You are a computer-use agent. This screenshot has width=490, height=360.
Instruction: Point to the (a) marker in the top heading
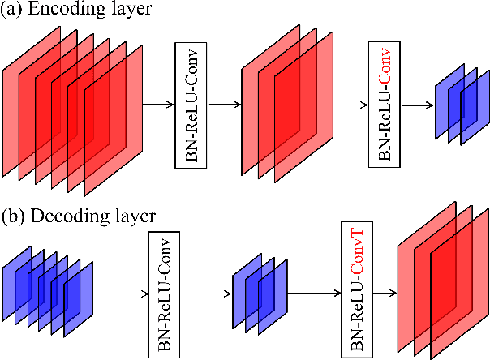pos(15,11)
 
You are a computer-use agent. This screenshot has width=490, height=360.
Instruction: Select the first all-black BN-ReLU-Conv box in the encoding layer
pos(191,104)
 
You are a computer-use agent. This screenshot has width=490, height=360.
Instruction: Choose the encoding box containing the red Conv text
pos(385,104)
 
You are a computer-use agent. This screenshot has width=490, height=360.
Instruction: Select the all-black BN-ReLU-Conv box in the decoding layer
pos(163,294)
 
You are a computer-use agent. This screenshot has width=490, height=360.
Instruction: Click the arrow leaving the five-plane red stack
pos(157,105)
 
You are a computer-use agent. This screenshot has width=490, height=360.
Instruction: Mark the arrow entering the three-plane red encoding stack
pos(226,105)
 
